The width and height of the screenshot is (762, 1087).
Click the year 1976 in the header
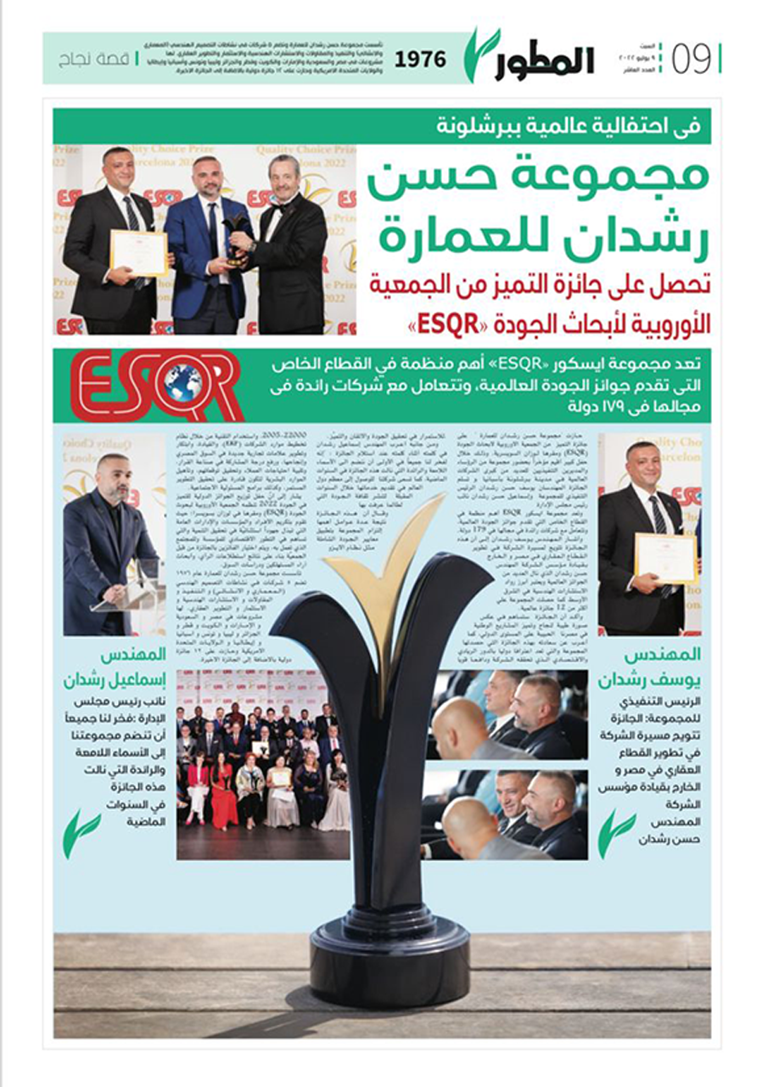tap(421, 59)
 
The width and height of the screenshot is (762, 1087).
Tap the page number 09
tap(692, 59)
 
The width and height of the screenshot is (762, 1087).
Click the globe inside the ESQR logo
tap(182, 382)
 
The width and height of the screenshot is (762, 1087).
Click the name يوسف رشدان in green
tap(650, 668)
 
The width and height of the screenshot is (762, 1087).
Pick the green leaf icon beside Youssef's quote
tap(616, 834)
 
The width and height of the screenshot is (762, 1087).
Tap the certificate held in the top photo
tap(138, 252)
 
